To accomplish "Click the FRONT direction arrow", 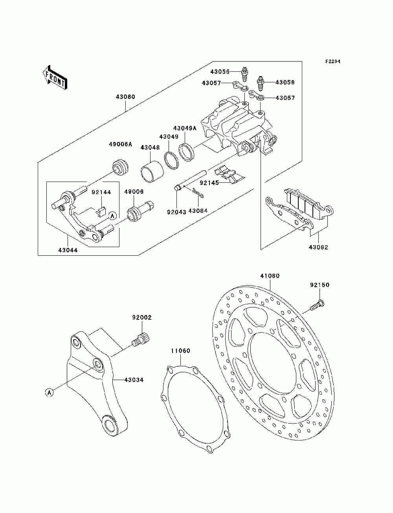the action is tap(55, 77).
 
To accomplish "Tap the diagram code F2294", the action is tap(333, 62).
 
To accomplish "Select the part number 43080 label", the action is tap(125, 97).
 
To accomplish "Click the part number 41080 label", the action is tap(270, 276).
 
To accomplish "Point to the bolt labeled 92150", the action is tap(318, 306).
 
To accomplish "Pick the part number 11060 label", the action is tap(180, 357).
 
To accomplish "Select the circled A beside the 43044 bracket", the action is tap(112, 216).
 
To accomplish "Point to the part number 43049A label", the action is tap(185, 128).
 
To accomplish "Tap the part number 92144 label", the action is tap(101, 192).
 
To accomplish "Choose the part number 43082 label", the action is tap(318, 247).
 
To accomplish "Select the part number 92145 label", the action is tap(209, 183).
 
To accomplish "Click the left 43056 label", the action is tap(220, 71).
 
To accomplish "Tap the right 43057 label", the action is tap(285, 98).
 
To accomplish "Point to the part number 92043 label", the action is tap(176, 212).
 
